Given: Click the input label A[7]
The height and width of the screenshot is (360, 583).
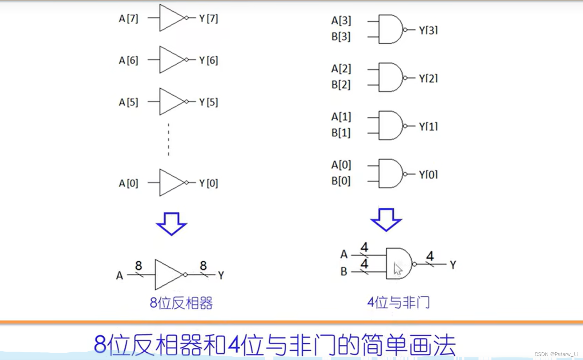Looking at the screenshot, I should (x=128, y=19).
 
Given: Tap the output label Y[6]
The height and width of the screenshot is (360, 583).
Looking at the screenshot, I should (x=209, y=60).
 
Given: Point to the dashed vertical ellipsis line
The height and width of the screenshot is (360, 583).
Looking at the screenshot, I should (x=168, y=140).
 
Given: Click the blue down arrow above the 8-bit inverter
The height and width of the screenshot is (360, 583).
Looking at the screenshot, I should (x=172, y=224).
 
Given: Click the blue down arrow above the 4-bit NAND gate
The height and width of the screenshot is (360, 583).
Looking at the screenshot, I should (x=386, y=220).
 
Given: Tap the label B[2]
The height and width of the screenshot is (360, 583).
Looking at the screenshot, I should (x=341, y=85).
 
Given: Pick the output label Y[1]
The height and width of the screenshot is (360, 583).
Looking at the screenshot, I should (x=428, y=127).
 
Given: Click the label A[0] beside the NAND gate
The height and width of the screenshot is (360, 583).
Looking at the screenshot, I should (x=341, y=165).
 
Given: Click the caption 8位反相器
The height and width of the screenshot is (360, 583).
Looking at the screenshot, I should (x=181, y=303).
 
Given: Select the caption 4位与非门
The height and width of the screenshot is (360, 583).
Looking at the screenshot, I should (x=398, y=302).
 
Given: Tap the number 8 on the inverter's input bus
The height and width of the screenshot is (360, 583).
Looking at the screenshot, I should (x=138, y=266).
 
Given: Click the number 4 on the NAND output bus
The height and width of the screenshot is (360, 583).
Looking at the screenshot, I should (x=430, y=256).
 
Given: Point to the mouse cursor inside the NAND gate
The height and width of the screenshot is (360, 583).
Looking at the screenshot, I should (x=398, y=269).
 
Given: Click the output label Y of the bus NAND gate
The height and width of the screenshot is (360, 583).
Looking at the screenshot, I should (x=453, y=265).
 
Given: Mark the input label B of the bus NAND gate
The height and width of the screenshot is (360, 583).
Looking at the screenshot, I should (x=344, y=271).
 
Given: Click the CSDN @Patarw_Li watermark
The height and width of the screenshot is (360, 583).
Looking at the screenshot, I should (x=556, y=354).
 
